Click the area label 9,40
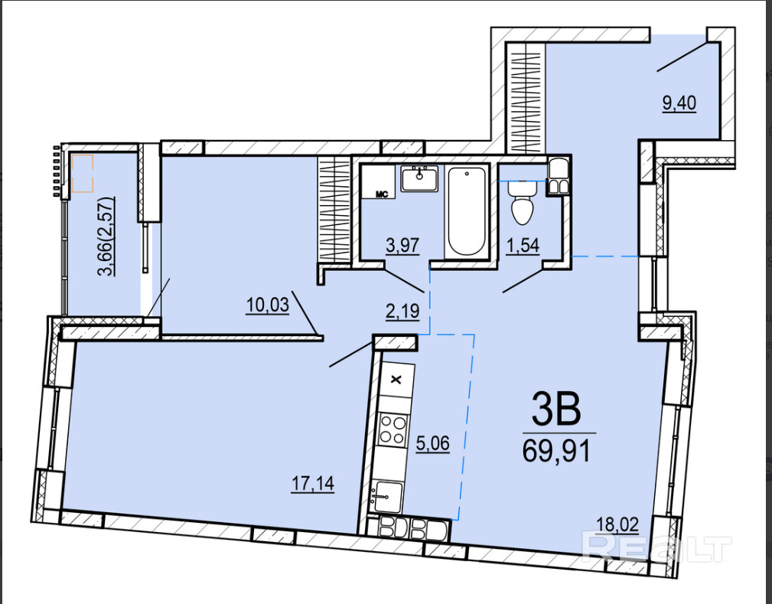tap(679, 103)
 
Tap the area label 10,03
tap(267, 305)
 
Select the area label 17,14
tap(313, 483)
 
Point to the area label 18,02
tap(617, 524)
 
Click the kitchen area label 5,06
tap(433, 443)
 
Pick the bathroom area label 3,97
tap(402, 245)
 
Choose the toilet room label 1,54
tap(523, 245)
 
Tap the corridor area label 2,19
tap(402, 312)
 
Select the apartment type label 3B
tap(557, 411)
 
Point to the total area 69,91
tap(556, 450)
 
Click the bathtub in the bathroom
tap(467, 211)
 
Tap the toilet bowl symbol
tap(523, 203)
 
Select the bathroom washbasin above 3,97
tap(419, 178)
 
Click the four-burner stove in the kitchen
tap(394, 430)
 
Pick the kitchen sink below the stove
tap(386, 497)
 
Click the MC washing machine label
tap(382, 194)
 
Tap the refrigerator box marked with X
tap(396, 380)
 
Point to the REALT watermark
tap(656, 547)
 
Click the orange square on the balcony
tap(82, 173)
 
